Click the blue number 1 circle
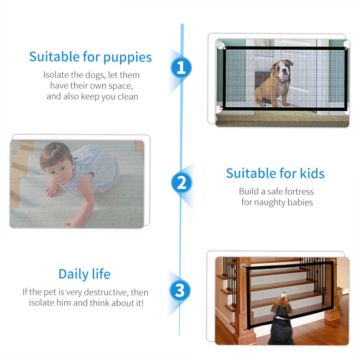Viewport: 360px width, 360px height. click(x=181, y=67)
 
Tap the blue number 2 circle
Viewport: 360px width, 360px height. click(x=181, y=183)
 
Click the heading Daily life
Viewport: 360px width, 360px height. click(x=84, y=274)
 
